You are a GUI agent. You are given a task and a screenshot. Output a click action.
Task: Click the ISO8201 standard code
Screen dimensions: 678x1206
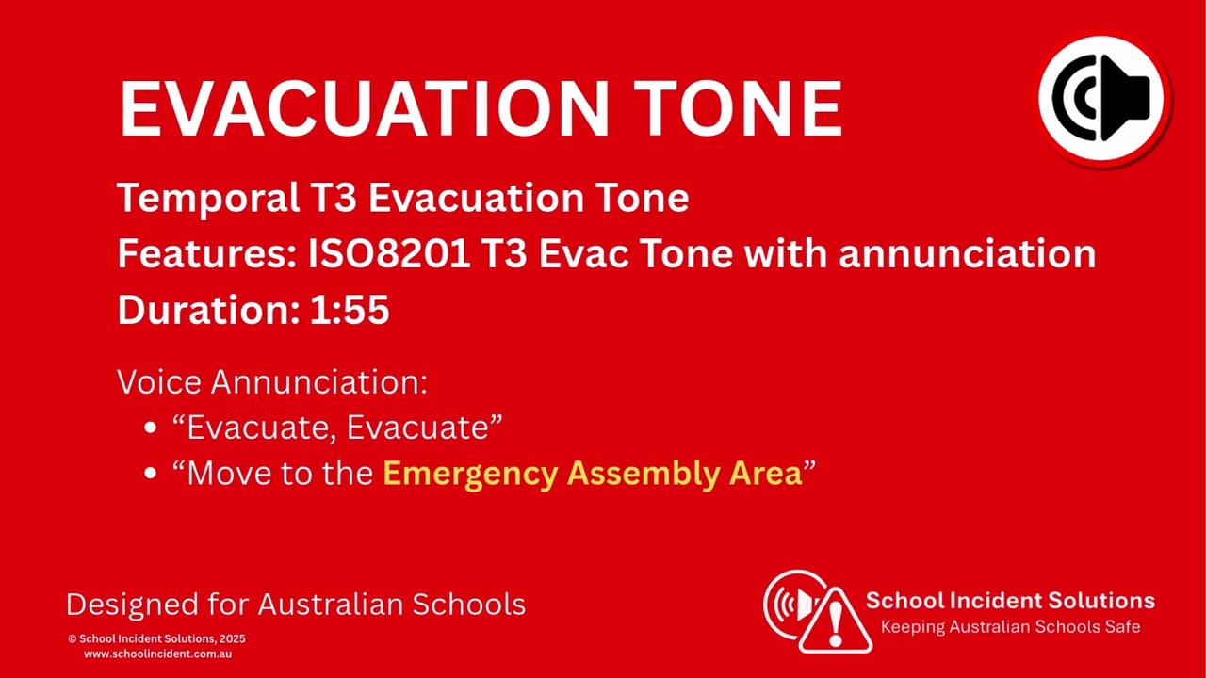389,254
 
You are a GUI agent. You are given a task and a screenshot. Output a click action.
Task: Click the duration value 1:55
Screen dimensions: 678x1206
350,311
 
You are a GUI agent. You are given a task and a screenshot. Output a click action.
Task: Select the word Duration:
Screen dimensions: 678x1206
208,311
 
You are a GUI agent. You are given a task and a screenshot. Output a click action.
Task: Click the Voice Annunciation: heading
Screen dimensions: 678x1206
271,382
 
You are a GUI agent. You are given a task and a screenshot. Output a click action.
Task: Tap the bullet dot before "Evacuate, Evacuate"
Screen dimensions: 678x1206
151,428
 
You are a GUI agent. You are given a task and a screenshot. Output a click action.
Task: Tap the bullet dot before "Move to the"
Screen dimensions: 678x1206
151,474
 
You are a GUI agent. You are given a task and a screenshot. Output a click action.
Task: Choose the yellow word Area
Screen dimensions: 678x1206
765,474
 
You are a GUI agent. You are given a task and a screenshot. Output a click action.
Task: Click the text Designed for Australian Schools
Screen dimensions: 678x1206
295,605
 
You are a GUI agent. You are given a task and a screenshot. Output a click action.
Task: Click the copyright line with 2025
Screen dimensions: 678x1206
156,638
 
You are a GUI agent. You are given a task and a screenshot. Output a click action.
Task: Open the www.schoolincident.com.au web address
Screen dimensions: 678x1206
157,654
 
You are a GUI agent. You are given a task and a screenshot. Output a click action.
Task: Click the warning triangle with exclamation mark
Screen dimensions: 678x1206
835,621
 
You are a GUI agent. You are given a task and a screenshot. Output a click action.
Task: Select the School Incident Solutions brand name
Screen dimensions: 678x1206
1009,601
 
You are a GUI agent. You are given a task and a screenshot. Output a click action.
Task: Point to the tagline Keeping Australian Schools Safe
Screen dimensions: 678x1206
1009,627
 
